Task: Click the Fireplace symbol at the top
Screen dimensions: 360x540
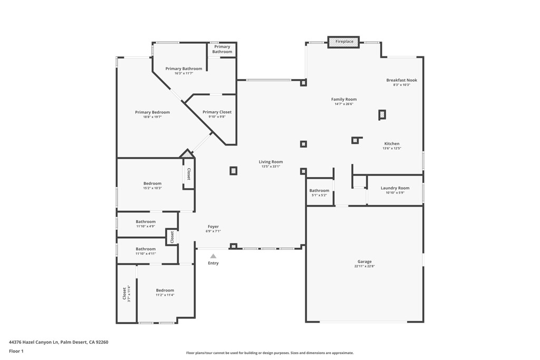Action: (344, 42)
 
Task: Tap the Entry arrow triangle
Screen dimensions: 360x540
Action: (213, 256)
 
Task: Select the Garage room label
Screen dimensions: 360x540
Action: (364, 261)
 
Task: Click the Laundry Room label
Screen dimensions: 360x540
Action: (395, 188)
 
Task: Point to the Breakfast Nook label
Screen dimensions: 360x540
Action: (401, 80)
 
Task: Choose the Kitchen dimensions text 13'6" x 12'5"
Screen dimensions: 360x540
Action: (392, 149)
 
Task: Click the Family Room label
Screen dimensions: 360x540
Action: (344, 99)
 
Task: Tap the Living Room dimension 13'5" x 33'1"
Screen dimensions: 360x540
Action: (271, 167)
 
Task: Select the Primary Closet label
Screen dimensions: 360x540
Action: (217, 112)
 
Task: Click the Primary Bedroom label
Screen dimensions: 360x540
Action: (152, 112)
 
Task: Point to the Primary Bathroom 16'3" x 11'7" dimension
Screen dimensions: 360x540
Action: (184, 73)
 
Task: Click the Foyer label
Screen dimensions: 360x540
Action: (213, 227)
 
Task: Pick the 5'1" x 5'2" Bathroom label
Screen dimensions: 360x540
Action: (319, 190)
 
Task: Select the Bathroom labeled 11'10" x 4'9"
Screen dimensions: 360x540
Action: (146, 221)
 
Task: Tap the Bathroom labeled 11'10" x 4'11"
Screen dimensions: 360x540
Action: (146, 249)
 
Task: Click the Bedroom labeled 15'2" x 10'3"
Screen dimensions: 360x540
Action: (152, 183)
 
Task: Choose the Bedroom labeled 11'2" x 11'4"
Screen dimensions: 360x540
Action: (165, 290)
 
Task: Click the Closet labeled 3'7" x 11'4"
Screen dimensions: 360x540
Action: (125, 294)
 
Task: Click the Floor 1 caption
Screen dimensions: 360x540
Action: (16, 351)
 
